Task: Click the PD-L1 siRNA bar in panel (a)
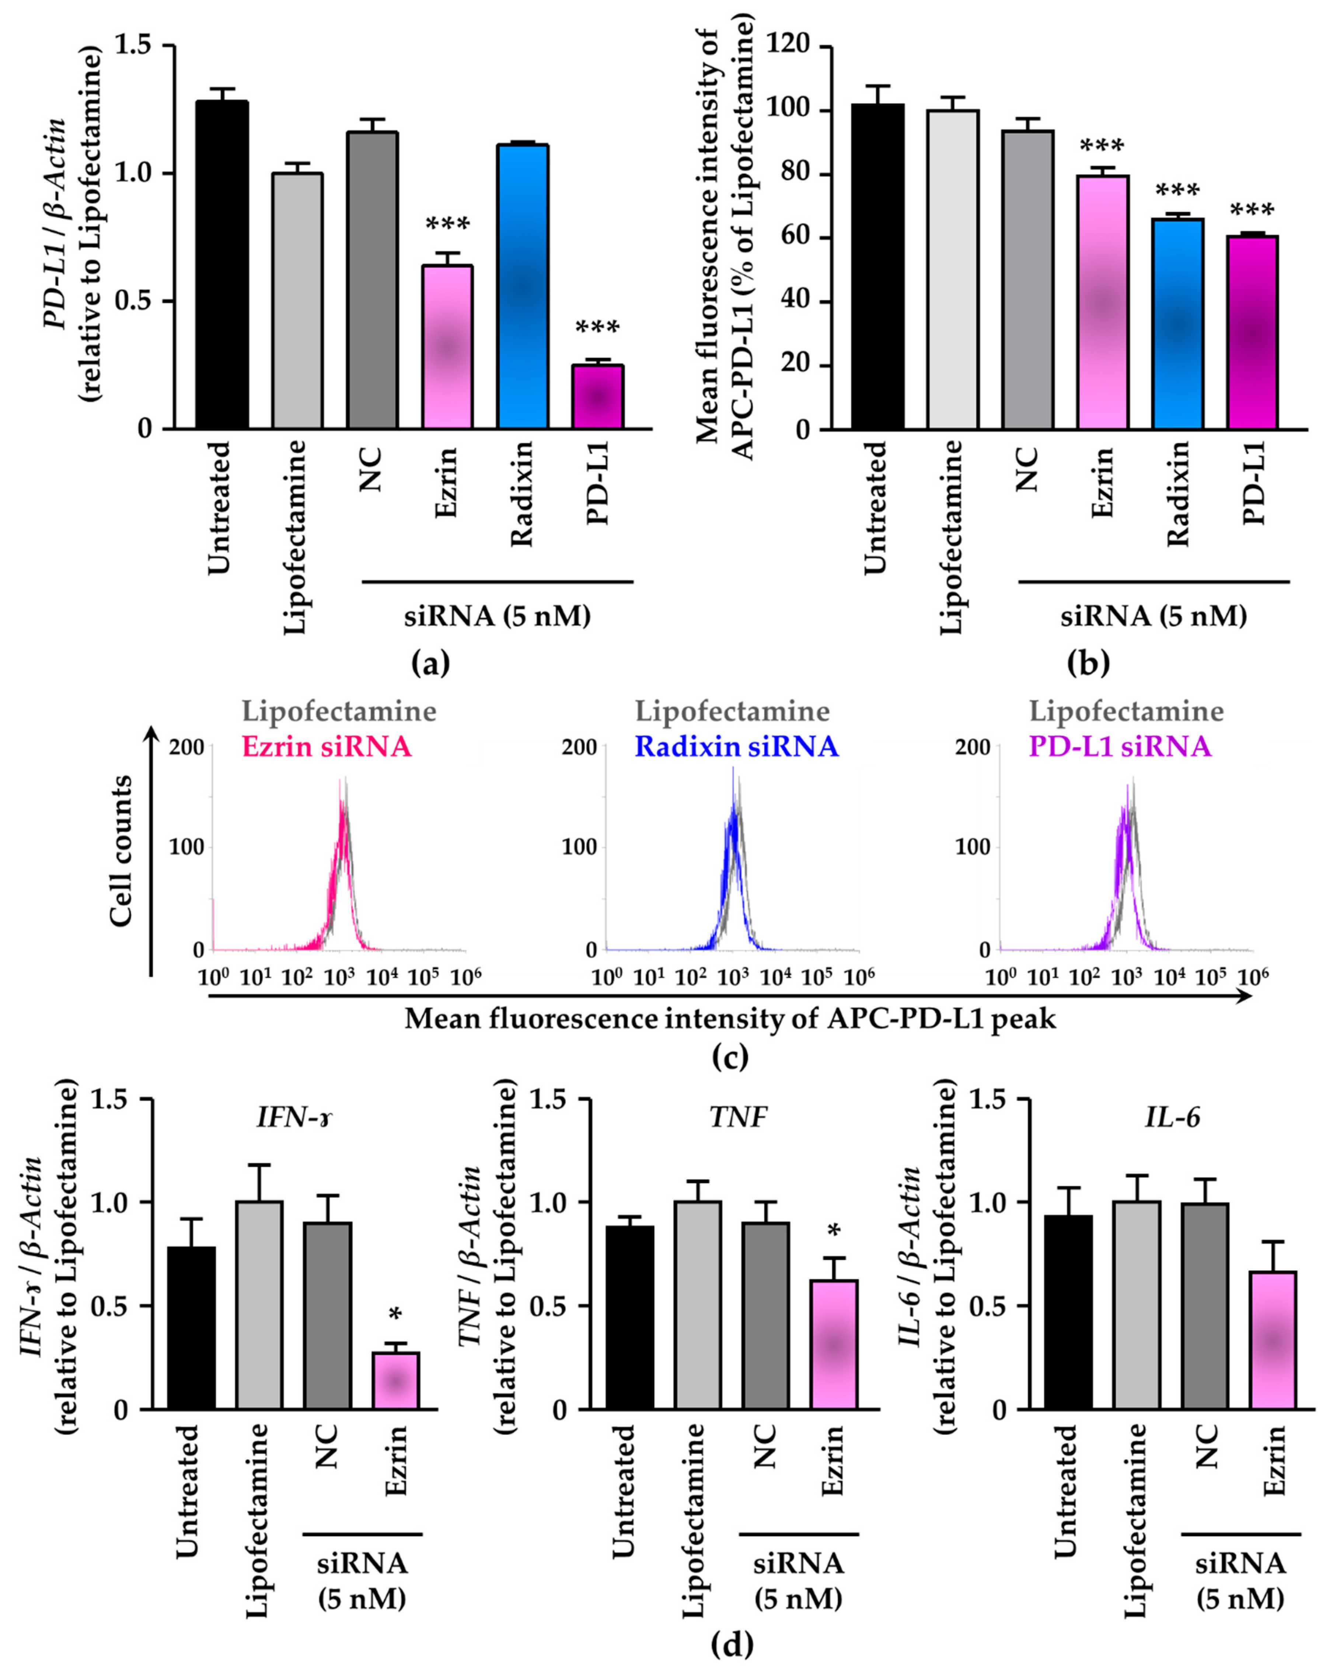click(597, 397)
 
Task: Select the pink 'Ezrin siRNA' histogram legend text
click(327, 747)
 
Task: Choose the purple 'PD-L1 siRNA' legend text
click(1120, 747)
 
